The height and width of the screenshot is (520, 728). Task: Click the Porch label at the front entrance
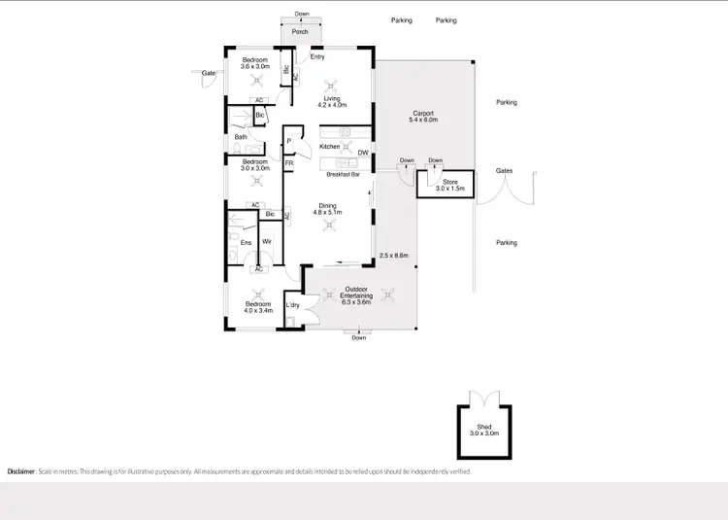coord(300,32)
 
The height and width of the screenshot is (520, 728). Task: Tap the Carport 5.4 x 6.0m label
coord(422,116)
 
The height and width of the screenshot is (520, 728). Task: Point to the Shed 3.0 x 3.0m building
coord(483,430)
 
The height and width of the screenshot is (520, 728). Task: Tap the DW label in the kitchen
coord(362,153)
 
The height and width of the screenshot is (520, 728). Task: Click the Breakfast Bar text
coord(344,175)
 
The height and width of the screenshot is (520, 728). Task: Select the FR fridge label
coord(289,163)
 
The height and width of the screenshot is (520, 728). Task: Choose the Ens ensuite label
coord(246,243)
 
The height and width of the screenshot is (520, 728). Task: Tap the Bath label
coord(241,137)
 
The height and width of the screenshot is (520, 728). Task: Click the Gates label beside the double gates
coord(504,170)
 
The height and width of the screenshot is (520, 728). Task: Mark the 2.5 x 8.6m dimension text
coord(393,256)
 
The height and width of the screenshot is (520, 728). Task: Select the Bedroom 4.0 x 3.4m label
coord(256,309)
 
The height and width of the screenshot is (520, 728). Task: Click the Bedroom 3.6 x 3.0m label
coord(256,64)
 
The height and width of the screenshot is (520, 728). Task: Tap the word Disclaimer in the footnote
coord(20,471)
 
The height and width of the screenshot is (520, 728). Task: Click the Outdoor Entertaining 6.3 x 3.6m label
coord(358,296)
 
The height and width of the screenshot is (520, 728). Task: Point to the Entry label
coord(317,57)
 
